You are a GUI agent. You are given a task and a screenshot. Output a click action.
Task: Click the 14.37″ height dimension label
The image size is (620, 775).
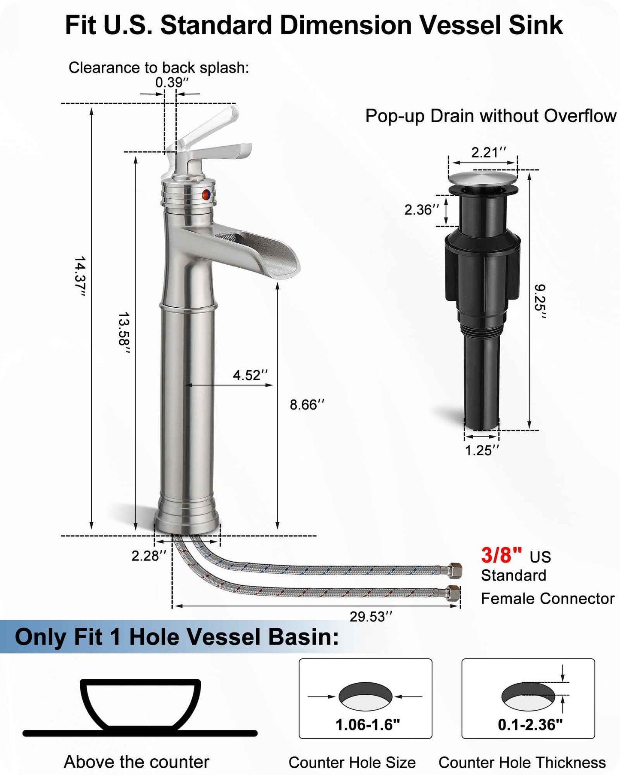point(80,276)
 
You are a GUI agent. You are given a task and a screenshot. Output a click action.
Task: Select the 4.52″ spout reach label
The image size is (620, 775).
point(250,375)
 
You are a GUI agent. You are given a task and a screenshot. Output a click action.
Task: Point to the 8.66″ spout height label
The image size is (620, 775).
point(307,405)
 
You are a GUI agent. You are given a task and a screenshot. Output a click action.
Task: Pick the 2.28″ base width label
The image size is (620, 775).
point(148,556)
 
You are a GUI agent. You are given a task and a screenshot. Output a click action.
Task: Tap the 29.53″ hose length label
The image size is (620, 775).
point(371,617)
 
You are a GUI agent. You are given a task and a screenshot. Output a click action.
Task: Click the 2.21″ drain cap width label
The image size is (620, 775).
point(489,152)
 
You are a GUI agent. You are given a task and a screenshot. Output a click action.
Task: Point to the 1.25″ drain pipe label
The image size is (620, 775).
point(482,450)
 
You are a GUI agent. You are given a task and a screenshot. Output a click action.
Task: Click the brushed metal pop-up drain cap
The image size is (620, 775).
point(483,177)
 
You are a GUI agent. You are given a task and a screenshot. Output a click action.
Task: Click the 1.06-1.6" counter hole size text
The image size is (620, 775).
point(367,725)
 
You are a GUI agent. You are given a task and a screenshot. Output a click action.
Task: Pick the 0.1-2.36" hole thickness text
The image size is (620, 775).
point(530,725)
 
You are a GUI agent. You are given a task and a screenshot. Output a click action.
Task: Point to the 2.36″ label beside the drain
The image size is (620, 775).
point(422,209)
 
